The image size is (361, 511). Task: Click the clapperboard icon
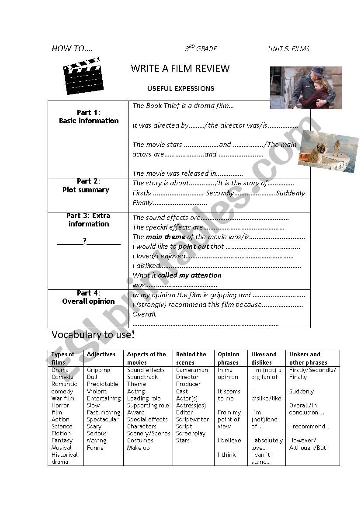coord(83,76)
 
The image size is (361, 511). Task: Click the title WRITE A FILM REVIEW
coord(180,68)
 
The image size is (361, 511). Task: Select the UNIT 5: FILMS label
coord(288,49)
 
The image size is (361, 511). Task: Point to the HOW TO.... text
coord(72,49)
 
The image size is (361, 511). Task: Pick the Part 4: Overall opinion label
coord(89,297)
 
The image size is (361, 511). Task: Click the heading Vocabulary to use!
coord(93,335)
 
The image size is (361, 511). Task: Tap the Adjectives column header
coord(101,355)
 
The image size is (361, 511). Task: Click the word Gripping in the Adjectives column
coord(98,370)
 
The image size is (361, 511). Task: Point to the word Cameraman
coord(192,370)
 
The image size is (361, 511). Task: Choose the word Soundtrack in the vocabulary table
coord(142,377)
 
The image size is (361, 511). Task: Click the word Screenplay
coord(191,434)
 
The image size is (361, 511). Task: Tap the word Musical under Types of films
coord(61,448)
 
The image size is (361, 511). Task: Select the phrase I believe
coord(229,441)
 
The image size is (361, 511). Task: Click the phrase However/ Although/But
coord(307,444)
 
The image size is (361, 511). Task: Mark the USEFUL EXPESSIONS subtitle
coord(180,89)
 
